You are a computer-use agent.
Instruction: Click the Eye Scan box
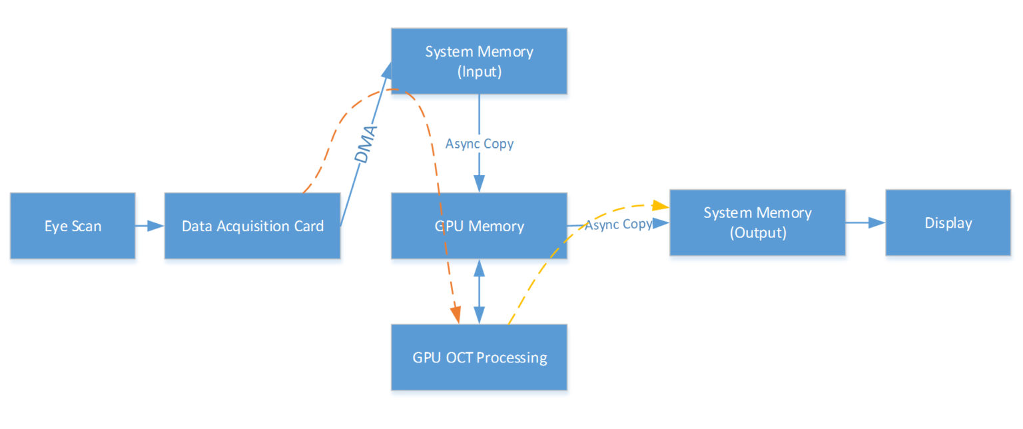tap(73, 226)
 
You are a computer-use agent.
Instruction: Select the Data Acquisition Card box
tap(252, 226)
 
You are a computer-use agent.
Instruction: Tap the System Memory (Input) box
tap(479, 61)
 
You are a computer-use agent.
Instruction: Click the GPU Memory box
tap(479, 226)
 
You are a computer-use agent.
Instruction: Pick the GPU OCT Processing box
tap(479, 357)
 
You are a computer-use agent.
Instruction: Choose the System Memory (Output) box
tap(757, 222)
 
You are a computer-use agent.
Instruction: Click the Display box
tap(948, 222)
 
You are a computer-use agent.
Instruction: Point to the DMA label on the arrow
tap(366, 145)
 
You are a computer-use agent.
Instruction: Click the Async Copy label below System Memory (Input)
tap(479, 144)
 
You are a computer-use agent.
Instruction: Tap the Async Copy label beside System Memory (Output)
tap(618, 224)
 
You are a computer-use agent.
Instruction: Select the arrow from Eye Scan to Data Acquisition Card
tap(150, 226)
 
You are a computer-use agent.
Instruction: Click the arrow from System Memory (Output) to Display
tap(866, 223)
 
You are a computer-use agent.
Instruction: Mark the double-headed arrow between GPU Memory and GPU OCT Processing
tap(479, 292)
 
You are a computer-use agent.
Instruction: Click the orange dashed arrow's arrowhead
tap(456, 316)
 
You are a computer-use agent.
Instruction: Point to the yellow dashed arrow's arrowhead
tap(661, 205)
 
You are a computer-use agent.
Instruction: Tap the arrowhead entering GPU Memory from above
tap(479, 185)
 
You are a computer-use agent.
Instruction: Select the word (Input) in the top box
tap(479, 72)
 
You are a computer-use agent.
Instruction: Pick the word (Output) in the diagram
tap(757, 234)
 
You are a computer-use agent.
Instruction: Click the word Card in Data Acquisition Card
tap(309, 226)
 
